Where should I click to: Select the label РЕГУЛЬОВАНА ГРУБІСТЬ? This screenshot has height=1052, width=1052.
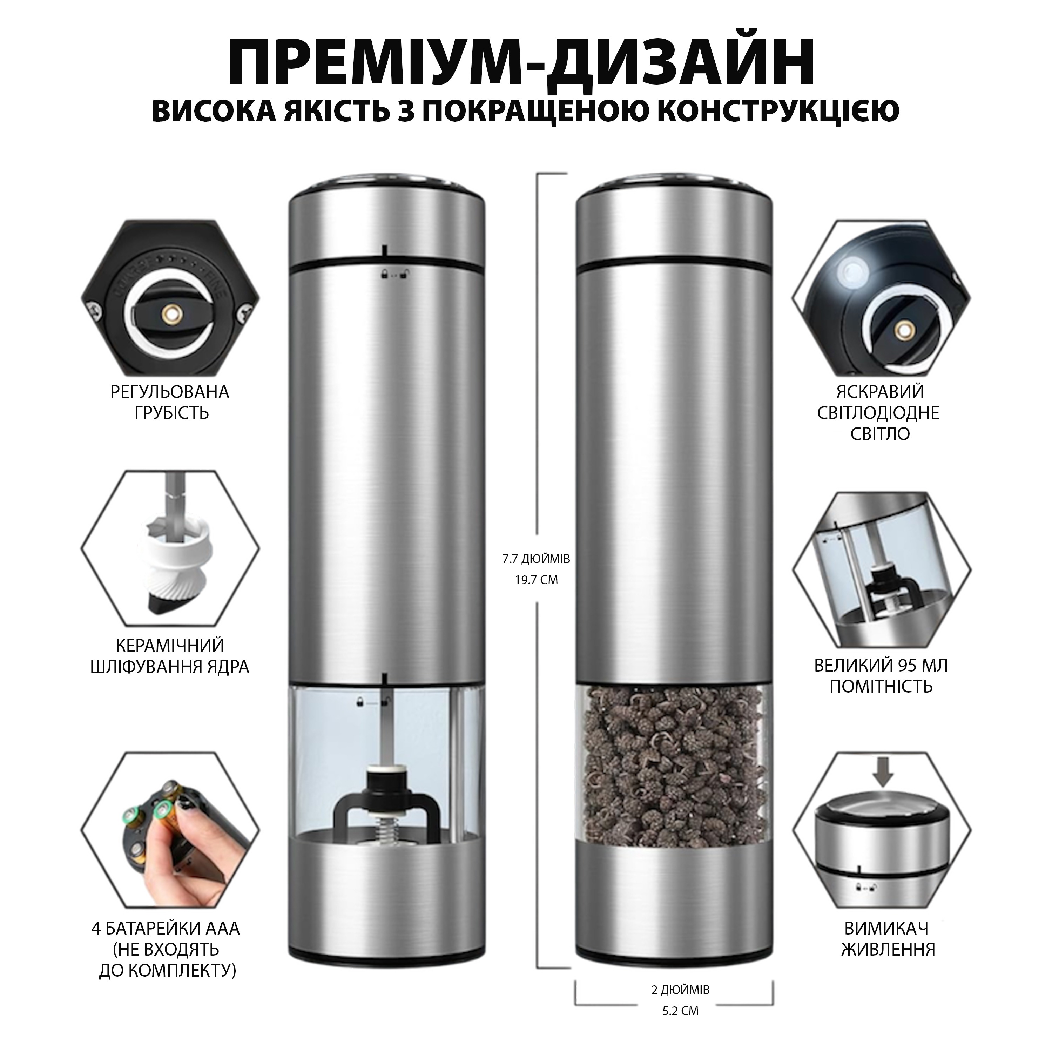click(170, 403)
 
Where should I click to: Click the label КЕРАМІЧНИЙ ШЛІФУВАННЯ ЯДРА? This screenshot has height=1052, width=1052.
click(170, 656)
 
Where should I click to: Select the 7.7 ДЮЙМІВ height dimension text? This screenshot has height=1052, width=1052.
click(537, 559)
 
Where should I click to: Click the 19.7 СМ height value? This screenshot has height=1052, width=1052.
click(537, 580)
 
